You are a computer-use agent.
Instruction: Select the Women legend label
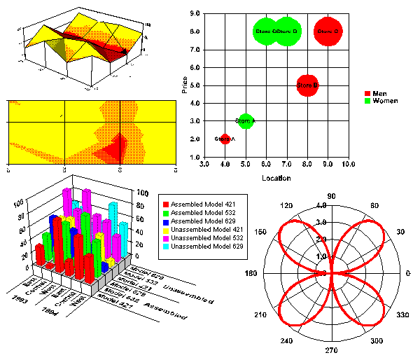385,102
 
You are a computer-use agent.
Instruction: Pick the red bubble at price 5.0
307,85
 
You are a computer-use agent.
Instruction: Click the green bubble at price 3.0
245,121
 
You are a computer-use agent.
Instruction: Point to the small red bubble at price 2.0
225,139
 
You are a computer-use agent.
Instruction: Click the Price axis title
185,85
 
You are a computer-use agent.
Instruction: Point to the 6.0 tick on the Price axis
195,67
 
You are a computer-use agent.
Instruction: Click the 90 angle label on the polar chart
332,196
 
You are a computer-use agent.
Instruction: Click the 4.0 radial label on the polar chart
321,206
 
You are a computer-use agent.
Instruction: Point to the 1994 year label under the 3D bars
49,309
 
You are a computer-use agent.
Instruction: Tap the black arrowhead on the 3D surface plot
125,50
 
